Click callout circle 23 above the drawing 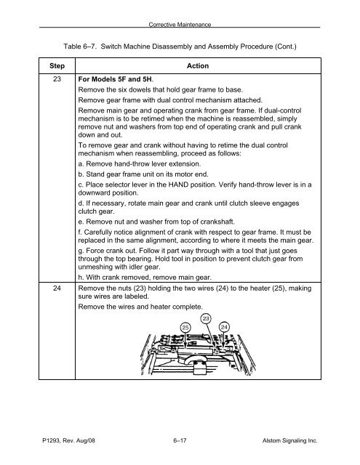point(206,318)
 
